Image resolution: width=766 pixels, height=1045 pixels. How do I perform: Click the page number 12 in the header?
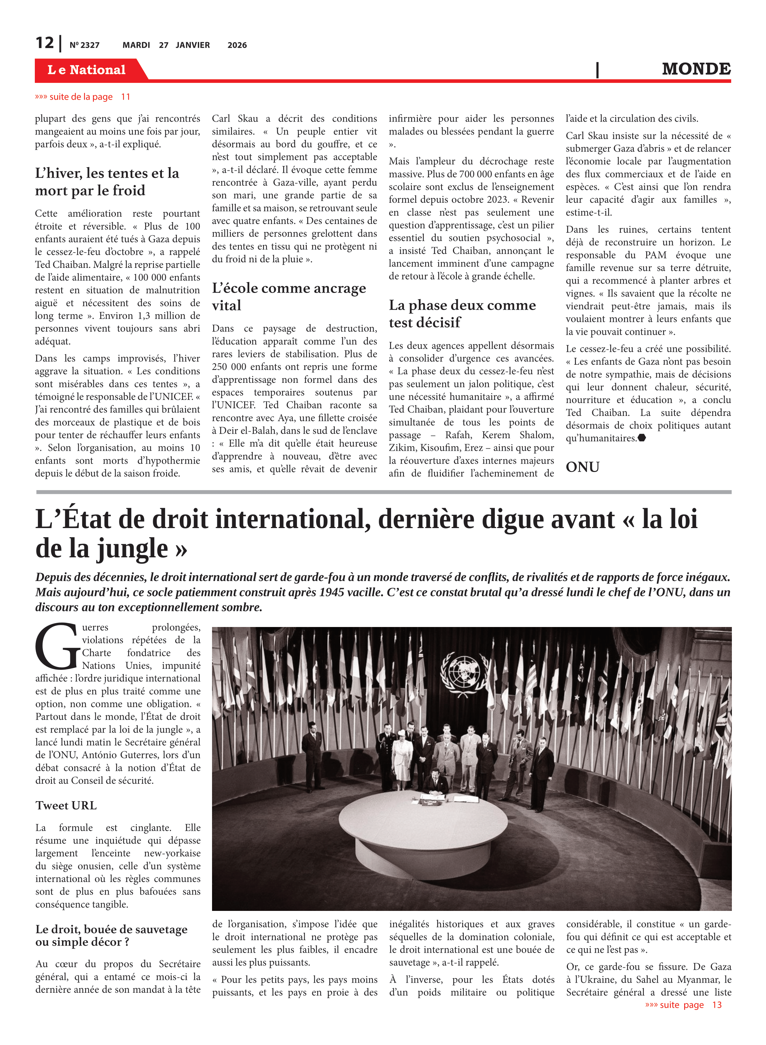45,43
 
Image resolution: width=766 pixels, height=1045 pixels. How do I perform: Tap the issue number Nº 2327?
84,45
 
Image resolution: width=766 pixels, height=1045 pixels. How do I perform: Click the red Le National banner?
87,70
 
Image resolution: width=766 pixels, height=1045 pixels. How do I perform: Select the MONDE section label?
696,69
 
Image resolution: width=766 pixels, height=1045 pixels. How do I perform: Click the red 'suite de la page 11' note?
83,97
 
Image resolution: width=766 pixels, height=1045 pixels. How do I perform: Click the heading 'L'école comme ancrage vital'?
289,296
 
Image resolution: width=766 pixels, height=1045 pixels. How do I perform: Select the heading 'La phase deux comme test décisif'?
462,313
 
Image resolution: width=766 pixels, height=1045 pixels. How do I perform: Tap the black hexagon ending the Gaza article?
642,438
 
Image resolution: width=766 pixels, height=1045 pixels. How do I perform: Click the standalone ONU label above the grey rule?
583,467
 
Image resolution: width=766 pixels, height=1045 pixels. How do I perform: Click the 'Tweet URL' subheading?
66,806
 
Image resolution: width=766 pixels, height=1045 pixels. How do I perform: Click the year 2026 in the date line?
237,45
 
